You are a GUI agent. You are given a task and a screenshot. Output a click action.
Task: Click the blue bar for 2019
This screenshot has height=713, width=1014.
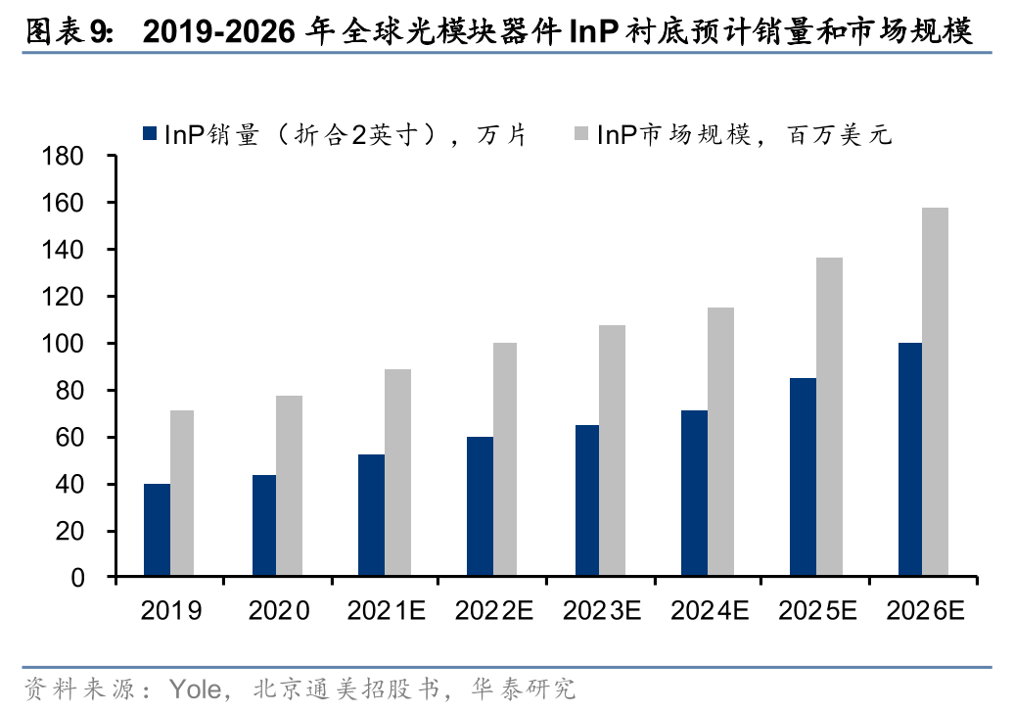(157, 530)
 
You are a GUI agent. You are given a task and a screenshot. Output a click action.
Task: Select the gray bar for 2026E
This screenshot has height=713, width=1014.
(935, 392)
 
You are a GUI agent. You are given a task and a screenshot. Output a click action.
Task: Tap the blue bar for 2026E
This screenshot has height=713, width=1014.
(909, 459)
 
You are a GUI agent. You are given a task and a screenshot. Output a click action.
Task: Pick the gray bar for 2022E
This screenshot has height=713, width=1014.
(505, 459)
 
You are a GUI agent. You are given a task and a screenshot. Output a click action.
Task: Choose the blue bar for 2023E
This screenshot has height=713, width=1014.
(587, 500)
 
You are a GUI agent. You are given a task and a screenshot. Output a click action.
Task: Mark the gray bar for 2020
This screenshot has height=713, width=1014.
(289, 486)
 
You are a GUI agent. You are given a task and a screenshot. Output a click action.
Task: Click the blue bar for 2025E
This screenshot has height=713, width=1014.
(803, 477)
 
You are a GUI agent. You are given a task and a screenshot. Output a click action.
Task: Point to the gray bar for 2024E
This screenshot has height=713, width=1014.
(720, 442)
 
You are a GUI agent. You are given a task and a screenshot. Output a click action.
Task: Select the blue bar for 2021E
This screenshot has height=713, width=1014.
(372, 515)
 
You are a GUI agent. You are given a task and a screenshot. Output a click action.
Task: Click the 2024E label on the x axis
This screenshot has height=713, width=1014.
(709, 611)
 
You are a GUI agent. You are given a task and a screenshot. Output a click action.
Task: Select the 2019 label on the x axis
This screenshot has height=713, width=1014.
(171, 611)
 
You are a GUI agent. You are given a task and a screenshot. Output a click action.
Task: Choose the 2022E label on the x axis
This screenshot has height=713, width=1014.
(493, 611)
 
